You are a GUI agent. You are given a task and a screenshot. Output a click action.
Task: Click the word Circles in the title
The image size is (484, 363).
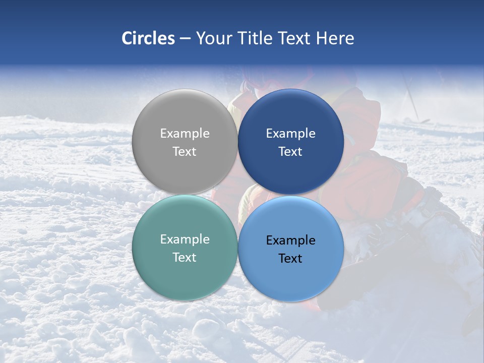point(148,38)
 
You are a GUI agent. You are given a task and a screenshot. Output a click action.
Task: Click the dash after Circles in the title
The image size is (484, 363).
point(185,39)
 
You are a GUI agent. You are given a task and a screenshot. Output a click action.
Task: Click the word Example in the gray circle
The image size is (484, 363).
point(185,134)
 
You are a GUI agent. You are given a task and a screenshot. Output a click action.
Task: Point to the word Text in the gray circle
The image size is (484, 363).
point(185,151)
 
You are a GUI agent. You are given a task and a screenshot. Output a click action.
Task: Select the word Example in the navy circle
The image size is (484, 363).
point(290,134)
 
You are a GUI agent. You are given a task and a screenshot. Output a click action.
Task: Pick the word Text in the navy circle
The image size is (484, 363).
point(290,151)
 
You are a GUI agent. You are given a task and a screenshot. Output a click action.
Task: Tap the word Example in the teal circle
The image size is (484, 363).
point(185,239)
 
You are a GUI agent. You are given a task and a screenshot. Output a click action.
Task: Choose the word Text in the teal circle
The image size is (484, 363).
point(185,257)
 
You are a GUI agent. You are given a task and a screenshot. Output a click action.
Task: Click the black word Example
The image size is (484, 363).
point(290,240)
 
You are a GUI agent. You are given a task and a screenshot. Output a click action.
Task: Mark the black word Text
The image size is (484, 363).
point(290,258)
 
